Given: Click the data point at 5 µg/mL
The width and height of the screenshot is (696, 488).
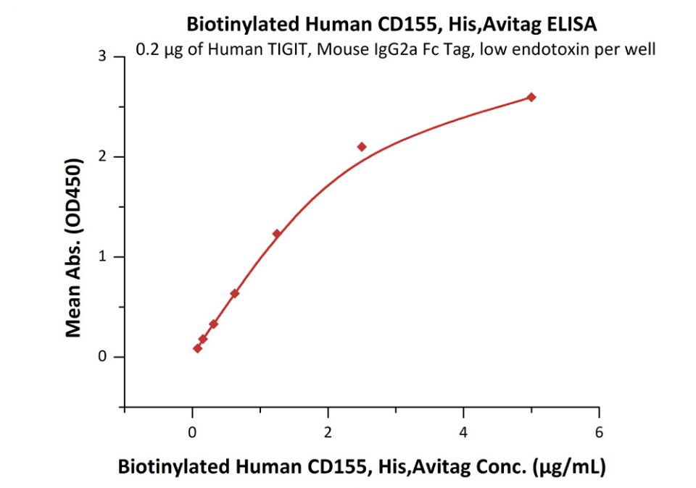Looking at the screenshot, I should point(531,97).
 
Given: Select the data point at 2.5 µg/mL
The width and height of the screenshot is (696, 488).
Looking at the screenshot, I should point(362,147).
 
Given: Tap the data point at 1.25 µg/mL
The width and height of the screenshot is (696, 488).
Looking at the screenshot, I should point(276,233).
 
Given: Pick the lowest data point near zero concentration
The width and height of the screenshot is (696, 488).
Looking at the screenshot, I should point(197,348).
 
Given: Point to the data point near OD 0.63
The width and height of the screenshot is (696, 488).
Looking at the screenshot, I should point(234,293).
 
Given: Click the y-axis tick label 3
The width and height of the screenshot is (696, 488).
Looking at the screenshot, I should point(102,56).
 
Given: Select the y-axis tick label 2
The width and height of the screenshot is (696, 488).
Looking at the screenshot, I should point(102,156).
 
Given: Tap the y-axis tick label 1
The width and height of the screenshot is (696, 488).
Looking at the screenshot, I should point(102,257).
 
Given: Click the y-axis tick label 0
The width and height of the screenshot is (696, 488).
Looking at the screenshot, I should point(102,357).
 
